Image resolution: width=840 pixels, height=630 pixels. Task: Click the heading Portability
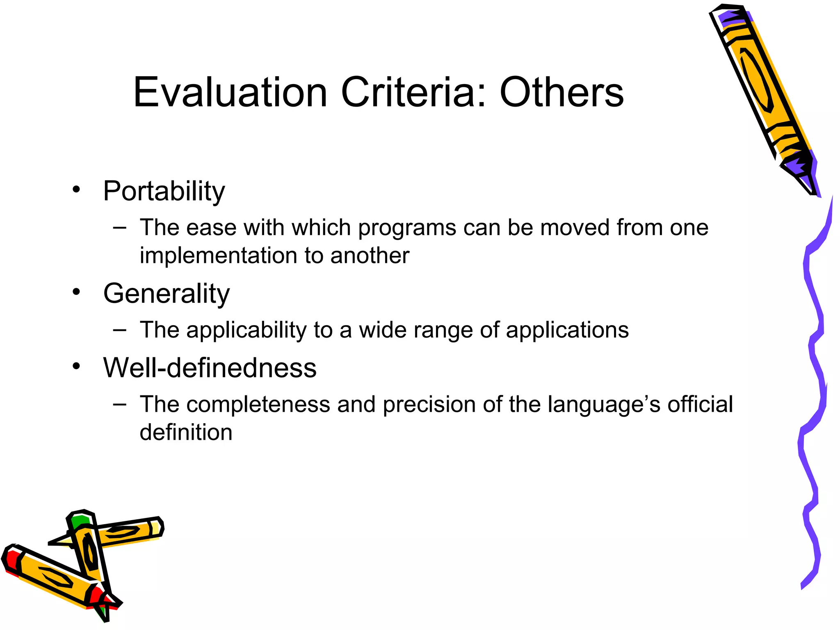click(164, 191)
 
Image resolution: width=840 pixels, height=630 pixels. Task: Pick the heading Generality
click(167, 294)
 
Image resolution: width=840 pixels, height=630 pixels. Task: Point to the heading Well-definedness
click(210, 367)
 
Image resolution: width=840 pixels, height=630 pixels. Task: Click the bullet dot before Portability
click(76, 190)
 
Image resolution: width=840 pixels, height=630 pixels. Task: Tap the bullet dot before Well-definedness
click(76, 366)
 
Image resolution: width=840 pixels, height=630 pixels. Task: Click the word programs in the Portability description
click(407, 228)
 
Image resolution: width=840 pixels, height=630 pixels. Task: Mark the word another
click(370, 256)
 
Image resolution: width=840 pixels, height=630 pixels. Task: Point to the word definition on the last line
click(186, 432)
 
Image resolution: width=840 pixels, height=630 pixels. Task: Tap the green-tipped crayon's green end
click(79, 521)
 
